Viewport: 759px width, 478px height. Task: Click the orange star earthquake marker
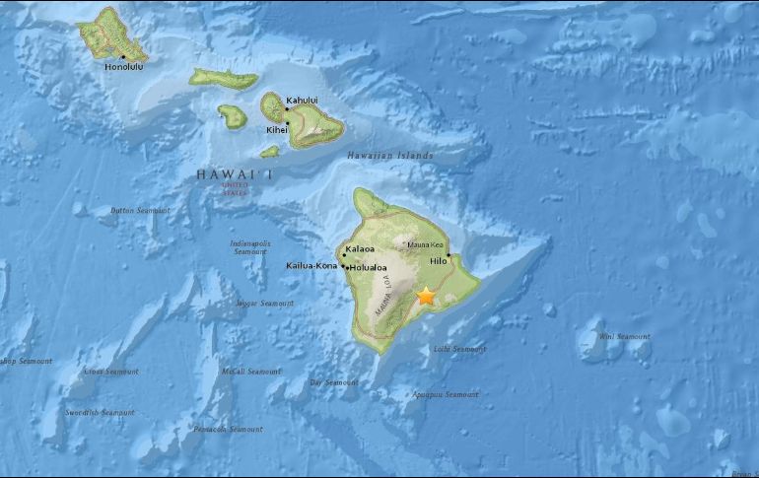(427, 295)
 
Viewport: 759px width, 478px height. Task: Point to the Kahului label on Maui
(303, 101)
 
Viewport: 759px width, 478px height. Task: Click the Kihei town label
(277, 130)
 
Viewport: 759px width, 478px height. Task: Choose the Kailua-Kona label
(311, 266)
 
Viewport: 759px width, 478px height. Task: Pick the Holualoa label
(368, 267)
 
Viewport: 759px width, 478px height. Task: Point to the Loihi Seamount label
(460, 350)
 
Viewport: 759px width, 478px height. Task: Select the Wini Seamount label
(625, 337)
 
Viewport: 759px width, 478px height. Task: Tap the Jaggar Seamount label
(265, 304)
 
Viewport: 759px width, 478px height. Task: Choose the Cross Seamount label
(110, 372)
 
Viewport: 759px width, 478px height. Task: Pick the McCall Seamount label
(251, 372)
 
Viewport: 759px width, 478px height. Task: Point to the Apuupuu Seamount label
(447, 395)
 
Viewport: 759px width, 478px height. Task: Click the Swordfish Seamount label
(101, 412)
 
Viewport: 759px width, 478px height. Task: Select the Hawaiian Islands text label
(390, 156)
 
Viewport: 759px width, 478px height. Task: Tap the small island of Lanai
(233, 116)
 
